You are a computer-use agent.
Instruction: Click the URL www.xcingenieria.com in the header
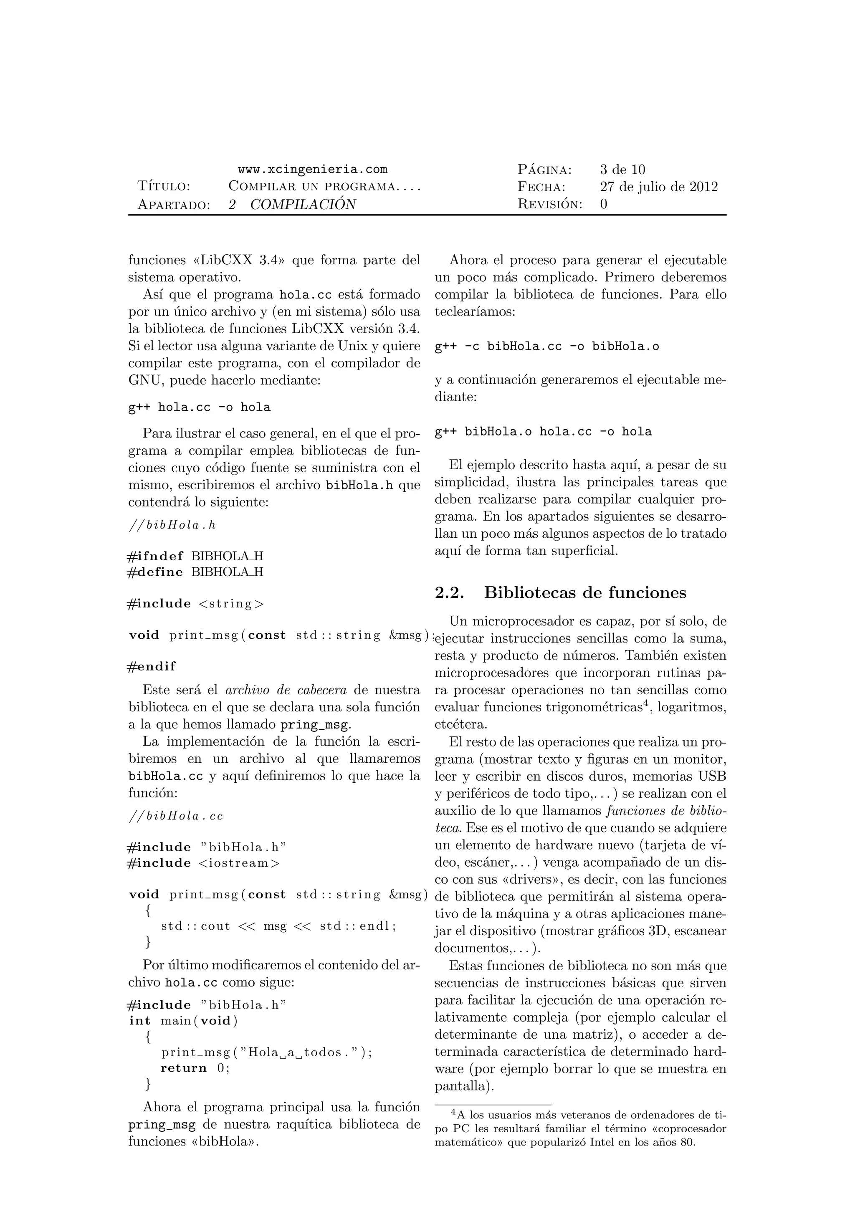pos(312,169)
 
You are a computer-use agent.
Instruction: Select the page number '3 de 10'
pos(622,169)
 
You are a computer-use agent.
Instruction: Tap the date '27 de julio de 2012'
pos(659,187)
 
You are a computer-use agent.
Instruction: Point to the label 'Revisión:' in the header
pos(550,204)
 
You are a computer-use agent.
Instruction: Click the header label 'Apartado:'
pos(174,204)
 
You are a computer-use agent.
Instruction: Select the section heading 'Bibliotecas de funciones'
pos(585,593)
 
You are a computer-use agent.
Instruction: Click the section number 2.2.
pos(449,593)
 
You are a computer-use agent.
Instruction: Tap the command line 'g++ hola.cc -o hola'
pos(200,407)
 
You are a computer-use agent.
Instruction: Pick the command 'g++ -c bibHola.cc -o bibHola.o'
pos(547,347)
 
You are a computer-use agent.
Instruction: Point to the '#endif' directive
pos(152,667)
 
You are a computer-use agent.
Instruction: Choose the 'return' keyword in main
pos(184,1068)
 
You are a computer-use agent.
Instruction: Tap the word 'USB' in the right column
pos(712,776)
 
